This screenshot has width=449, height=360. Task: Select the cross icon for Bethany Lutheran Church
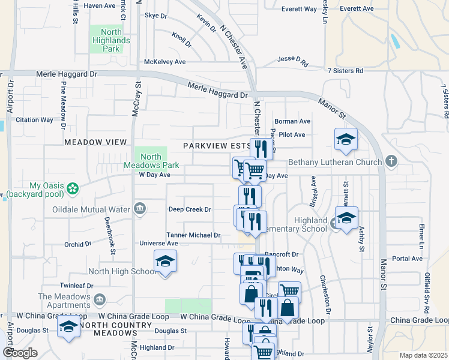tap(391, 161)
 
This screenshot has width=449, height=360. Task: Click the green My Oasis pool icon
tap(73, 188)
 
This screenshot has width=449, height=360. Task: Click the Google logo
tap(19, 353)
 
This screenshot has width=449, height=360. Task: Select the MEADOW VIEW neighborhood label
tap(95, 142)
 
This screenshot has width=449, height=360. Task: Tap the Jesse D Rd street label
tap(292, 61)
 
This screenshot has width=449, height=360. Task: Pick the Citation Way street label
tap(34, 120)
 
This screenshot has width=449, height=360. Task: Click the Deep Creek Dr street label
tap(190, 209)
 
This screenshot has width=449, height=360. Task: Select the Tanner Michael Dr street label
tap(193, 235)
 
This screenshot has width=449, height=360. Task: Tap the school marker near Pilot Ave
tap(345, 140)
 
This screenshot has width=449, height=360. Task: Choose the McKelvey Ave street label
tap(164, 62)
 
